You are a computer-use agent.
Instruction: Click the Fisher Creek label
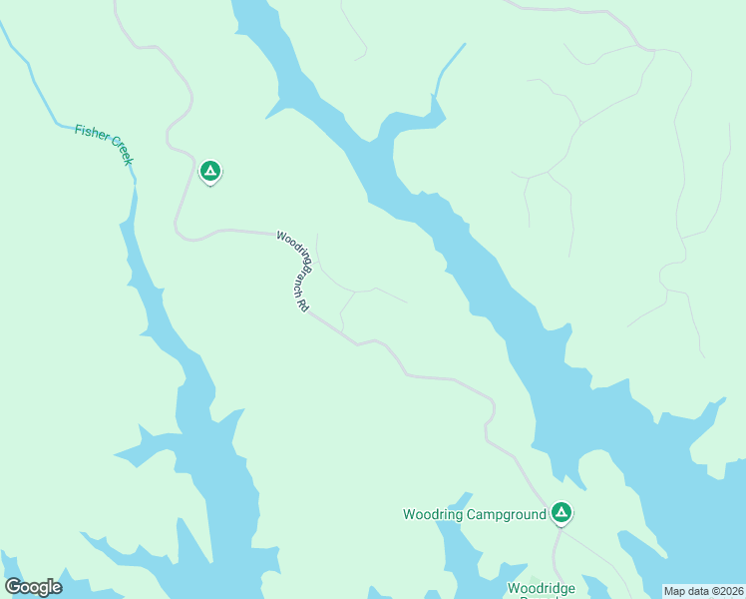tap(104, 144)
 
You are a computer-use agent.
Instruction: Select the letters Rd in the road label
tap(299, 308)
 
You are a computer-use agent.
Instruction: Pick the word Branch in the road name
tap(299, 285)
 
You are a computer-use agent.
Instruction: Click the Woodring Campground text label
tap(474, 515)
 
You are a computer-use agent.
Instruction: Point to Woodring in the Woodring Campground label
tap(431, 515)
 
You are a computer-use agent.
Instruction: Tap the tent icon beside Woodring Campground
tap(561, 513)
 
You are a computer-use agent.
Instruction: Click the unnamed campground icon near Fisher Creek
tap(209, 172)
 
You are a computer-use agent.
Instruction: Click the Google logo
tap(33, 586)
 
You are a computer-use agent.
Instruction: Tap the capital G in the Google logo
tap(13, 586)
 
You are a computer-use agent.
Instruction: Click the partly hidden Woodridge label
tap(541, 589)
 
